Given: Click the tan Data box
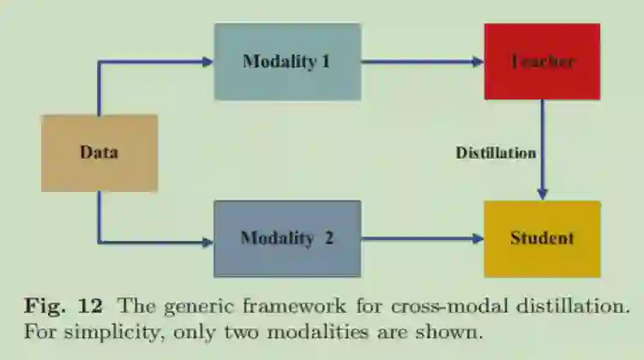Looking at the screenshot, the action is point(99,153).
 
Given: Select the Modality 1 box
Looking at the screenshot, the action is point(287,63).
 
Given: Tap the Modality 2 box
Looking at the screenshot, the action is point(287,238).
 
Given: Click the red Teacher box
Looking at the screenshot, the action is point(542,62).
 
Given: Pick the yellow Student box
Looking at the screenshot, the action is point(542,238).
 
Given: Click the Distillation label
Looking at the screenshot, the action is point(496,153).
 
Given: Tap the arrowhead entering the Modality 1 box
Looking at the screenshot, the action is point(206,62).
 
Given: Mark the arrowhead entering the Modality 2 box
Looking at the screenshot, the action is point(206,241).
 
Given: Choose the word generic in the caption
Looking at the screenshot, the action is point(196,306).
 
